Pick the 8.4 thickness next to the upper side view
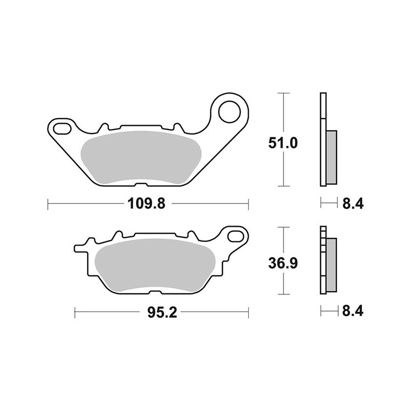click(x=352, y=204)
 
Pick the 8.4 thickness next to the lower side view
click(x=352, y=311)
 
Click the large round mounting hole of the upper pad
click(x=230, y=110)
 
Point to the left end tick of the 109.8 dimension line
click(x=48, y=204)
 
